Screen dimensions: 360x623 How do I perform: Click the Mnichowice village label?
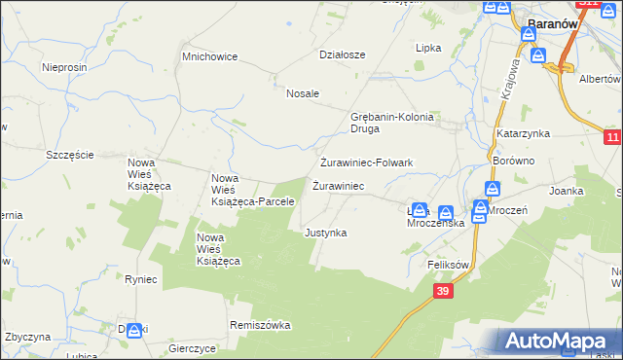pos(210,56)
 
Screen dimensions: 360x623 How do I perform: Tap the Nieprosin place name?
pos(66,67)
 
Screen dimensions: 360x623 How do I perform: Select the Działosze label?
pos(342,54)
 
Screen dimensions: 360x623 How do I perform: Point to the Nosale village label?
pos(303,93)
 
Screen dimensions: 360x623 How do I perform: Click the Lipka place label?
pos(428,48)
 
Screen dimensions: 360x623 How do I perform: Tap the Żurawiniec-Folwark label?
pos(367,162)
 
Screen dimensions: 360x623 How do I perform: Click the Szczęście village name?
pos(70,155)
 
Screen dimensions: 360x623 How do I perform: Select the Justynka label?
pos(325,234)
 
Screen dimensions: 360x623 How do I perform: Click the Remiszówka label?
pos(260,325)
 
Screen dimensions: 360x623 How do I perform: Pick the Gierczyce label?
pos(192,347)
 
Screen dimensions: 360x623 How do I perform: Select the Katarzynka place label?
pos(523,132)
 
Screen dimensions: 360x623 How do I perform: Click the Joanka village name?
pos(566,192)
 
